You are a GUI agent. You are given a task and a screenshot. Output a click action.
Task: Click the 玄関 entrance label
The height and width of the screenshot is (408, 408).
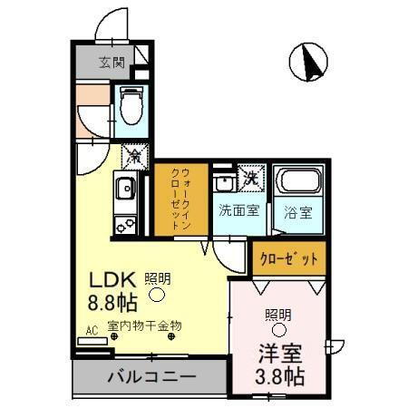112,63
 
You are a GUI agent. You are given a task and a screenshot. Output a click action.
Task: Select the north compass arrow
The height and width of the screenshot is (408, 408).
308,61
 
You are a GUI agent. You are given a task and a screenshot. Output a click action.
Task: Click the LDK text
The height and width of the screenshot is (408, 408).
107,280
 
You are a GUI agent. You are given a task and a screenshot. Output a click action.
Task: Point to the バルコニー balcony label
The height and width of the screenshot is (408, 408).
146,376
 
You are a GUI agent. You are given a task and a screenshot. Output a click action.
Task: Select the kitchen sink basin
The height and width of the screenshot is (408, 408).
124,190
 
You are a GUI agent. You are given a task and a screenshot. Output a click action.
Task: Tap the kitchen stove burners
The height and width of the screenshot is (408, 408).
124,223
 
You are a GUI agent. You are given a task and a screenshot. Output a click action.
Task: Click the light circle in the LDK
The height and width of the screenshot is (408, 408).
157,294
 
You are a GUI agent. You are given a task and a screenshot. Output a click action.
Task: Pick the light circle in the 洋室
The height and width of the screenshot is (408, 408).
278,329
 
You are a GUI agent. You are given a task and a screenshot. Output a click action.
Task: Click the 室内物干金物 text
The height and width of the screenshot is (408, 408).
145,325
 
